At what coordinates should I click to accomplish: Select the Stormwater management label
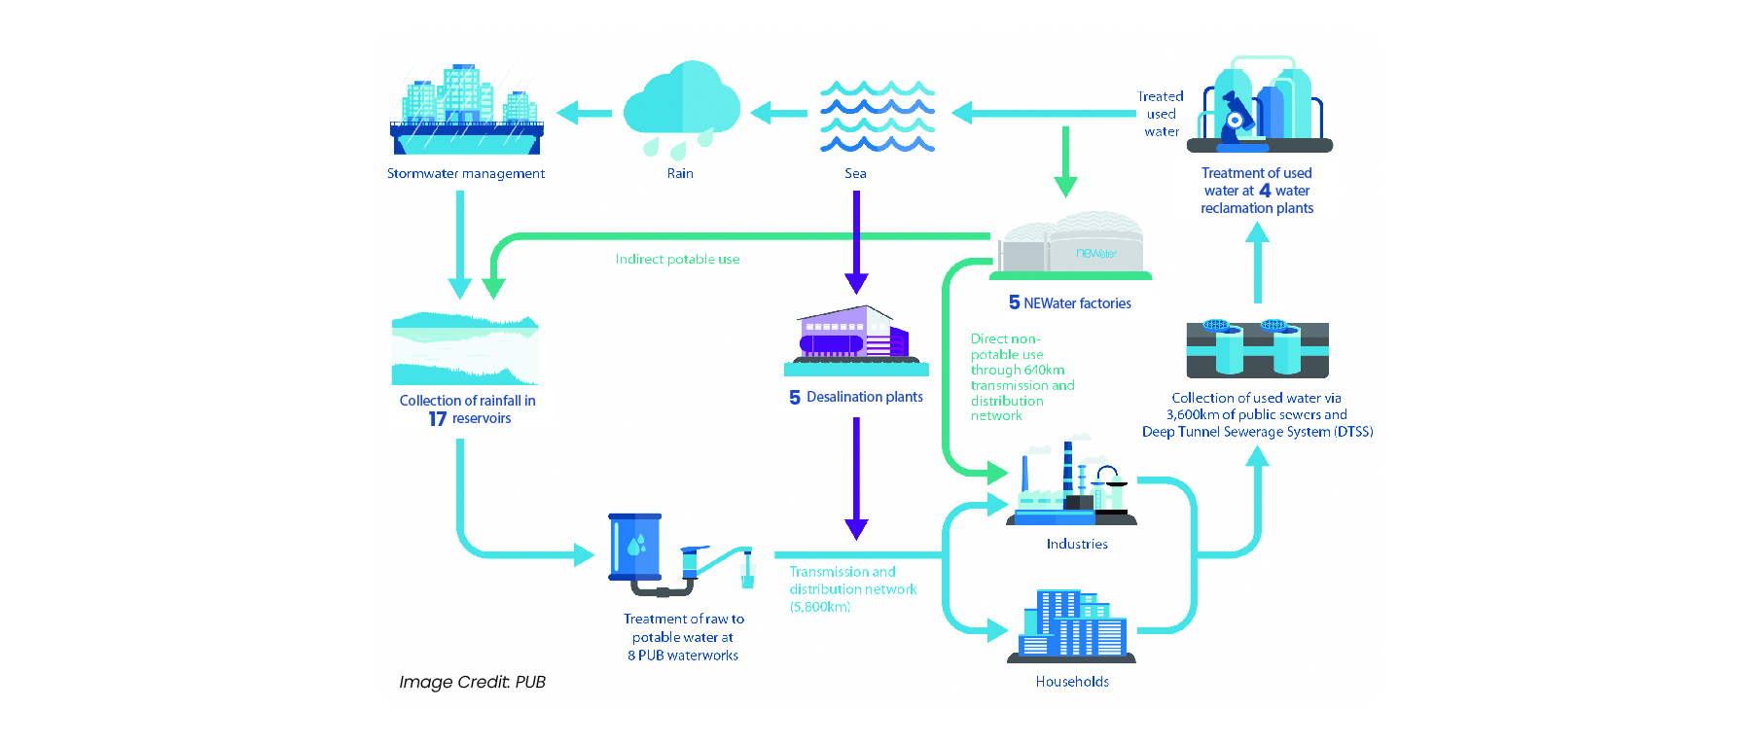[466, 174]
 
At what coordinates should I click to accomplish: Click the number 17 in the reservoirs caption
[438, 419]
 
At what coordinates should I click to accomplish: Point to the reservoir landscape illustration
[465, 349]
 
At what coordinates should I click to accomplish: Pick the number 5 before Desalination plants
[795, 398]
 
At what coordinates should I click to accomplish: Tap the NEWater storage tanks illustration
[1072, 246]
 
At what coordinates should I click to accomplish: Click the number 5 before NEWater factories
[1015, 303]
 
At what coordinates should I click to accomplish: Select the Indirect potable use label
[677, 260]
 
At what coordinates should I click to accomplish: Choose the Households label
[1072, 682]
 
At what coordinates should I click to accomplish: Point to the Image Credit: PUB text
[472, 682]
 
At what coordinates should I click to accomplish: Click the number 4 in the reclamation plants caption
[1265, 191]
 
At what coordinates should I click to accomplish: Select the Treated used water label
[1162, 114]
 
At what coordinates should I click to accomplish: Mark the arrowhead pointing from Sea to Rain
[762, 114]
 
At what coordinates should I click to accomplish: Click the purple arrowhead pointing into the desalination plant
[856, 283]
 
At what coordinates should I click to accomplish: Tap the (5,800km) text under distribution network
[820, 607]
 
